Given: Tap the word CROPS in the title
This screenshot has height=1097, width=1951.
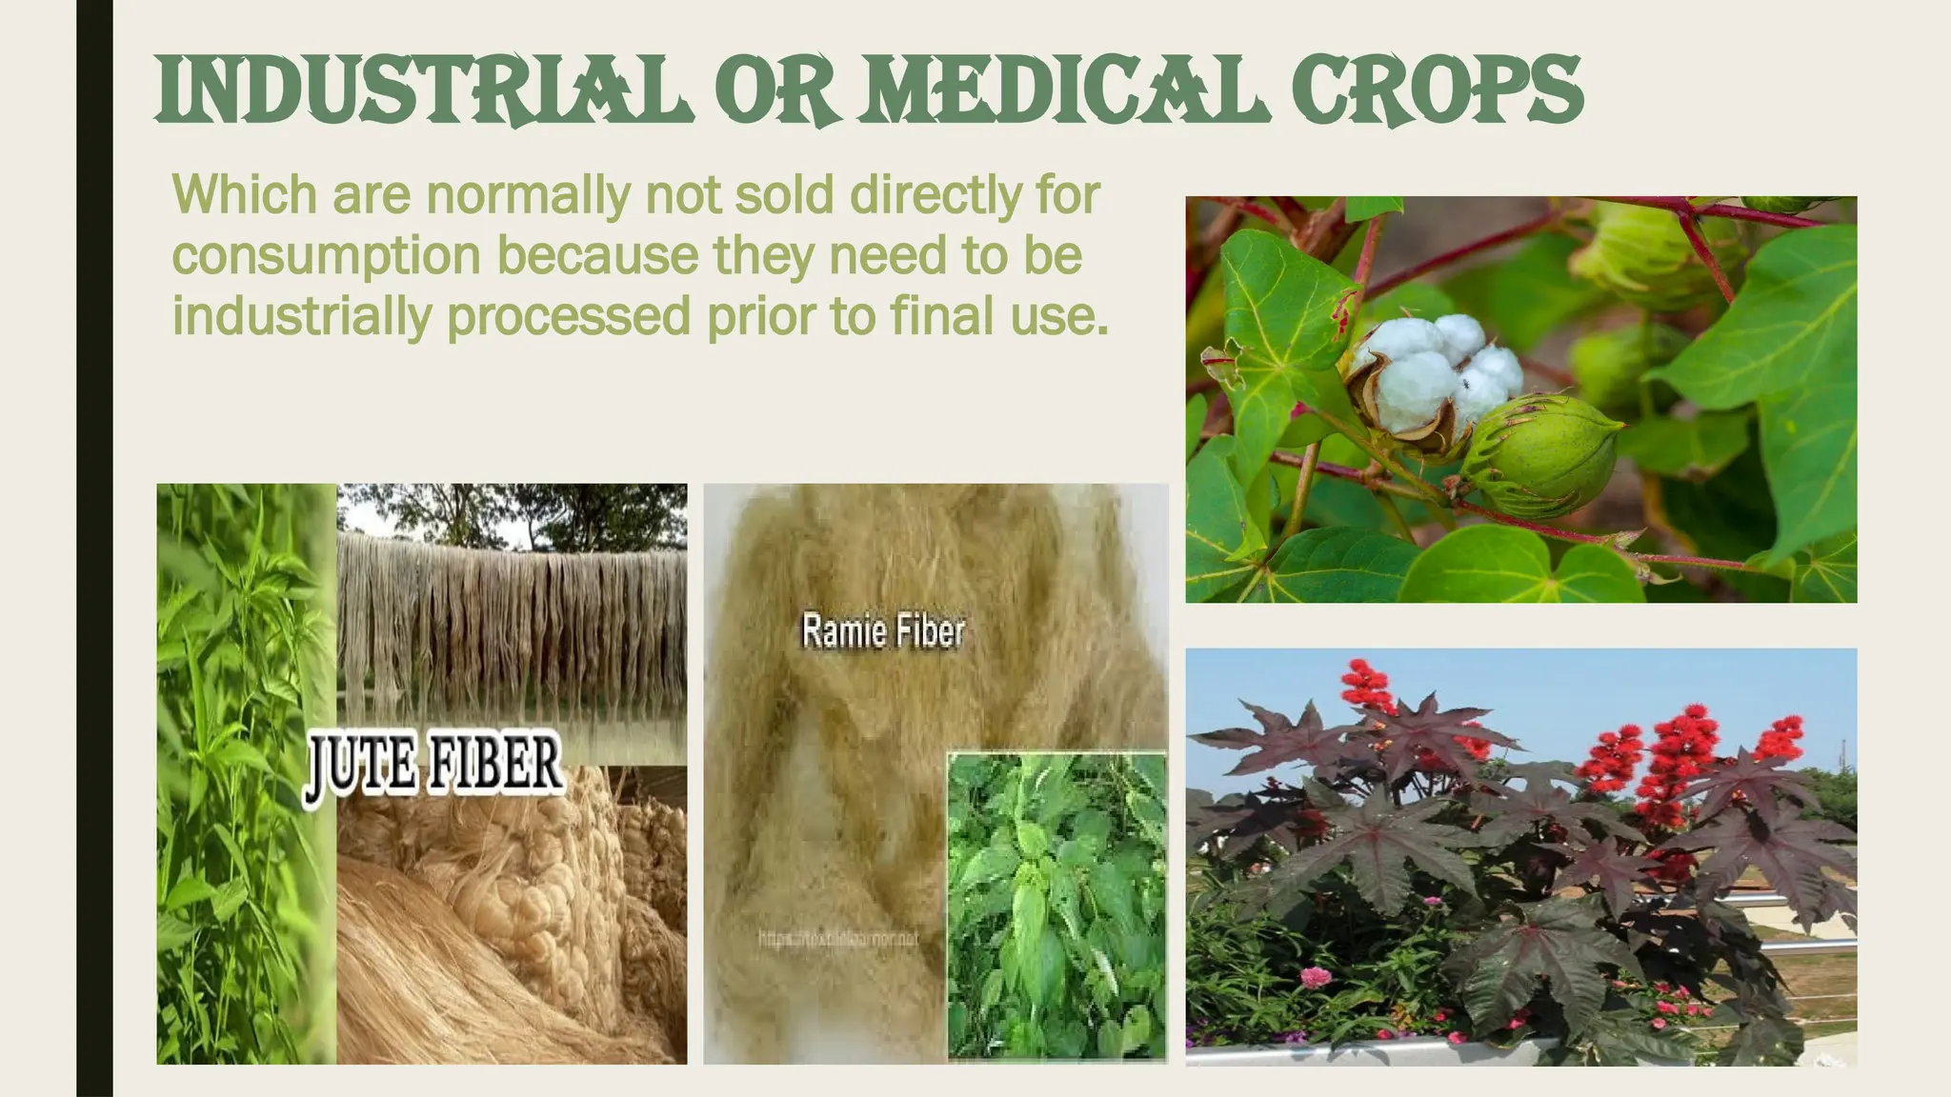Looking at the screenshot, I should point(1438,90).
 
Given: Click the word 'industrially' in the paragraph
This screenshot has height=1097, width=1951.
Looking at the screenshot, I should point(301,316).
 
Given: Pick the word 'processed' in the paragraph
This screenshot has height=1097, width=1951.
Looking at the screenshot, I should point(568,316).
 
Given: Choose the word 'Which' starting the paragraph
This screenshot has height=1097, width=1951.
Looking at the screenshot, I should point(244,194).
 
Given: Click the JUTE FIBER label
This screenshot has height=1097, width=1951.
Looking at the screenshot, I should point(433,767).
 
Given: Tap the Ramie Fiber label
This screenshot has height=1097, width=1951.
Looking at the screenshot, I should point(883,631).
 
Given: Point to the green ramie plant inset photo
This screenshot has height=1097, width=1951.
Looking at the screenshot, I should point(1056,905).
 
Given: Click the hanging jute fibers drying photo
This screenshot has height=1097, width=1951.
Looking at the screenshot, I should point(512,619).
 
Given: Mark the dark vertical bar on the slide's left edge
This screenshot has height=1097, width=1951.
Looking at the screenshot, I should point(94,548).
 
